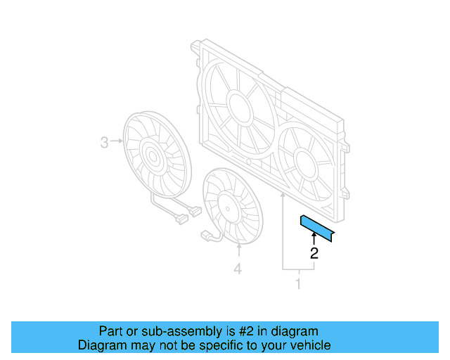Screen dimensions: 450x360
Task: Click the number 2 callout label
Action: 314,254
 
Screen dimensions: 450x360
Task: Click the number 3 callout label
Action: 104,143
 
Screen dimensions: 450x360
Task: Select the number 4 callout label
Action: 238,269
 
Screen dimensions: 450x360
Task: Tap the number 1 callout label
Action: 298,284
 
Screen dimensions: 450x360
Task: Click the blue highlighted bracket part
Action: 318,227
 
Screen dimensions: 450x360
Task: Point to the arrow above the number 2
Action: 314,240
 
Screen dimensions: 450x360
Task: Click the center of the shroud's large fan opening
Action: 237,105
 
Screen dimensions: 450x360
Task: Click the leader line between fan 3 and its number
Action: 117,143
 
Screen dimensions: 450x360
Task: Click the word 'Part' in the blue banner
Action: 110,331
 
